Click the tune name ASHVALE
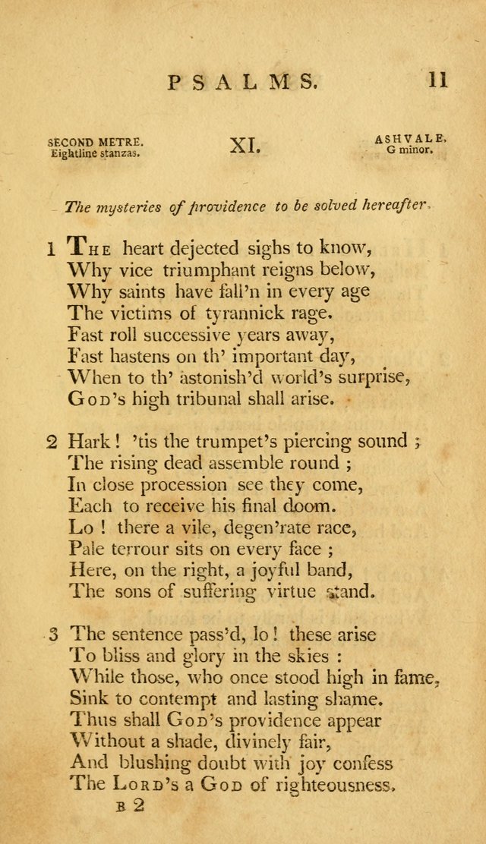tap(410, 139)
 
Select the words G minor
tap(409, 150)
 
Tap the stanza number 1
tap(51, 248)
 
